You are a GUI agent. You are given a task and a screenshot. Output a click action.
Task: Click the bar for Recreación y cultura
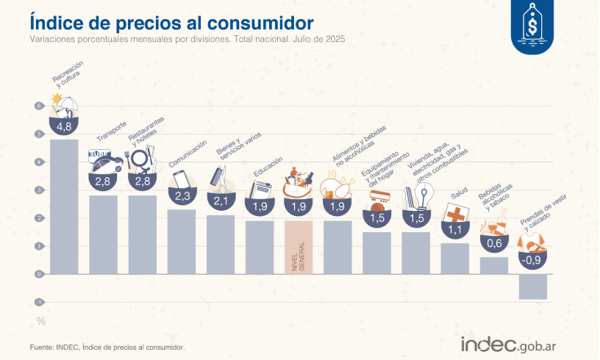coord(64,206)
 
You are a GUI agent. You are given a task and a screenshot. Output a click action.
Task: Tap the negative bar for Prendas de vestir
coord(533,287)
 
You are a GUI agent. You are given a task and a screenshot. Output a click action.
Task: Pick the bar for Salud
coord(455,258)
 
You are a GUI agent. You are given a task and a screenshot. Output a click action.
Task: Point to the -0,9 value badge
coord(532,259)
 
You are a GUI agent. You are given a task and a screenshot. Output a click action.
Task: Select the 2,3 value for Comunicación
coord(182,196)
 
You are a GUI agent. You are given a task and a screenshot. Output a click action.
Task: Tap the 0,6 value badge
coord(493,243)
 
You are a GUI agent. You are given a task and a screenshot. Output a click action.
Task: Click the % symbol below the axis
coord(41,321)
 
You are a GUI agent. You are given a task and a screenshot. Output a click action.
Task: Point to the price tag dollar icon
coord(532,26)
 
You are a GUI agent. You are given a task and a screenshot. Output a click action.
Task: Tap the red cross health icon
coord(454,215)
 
